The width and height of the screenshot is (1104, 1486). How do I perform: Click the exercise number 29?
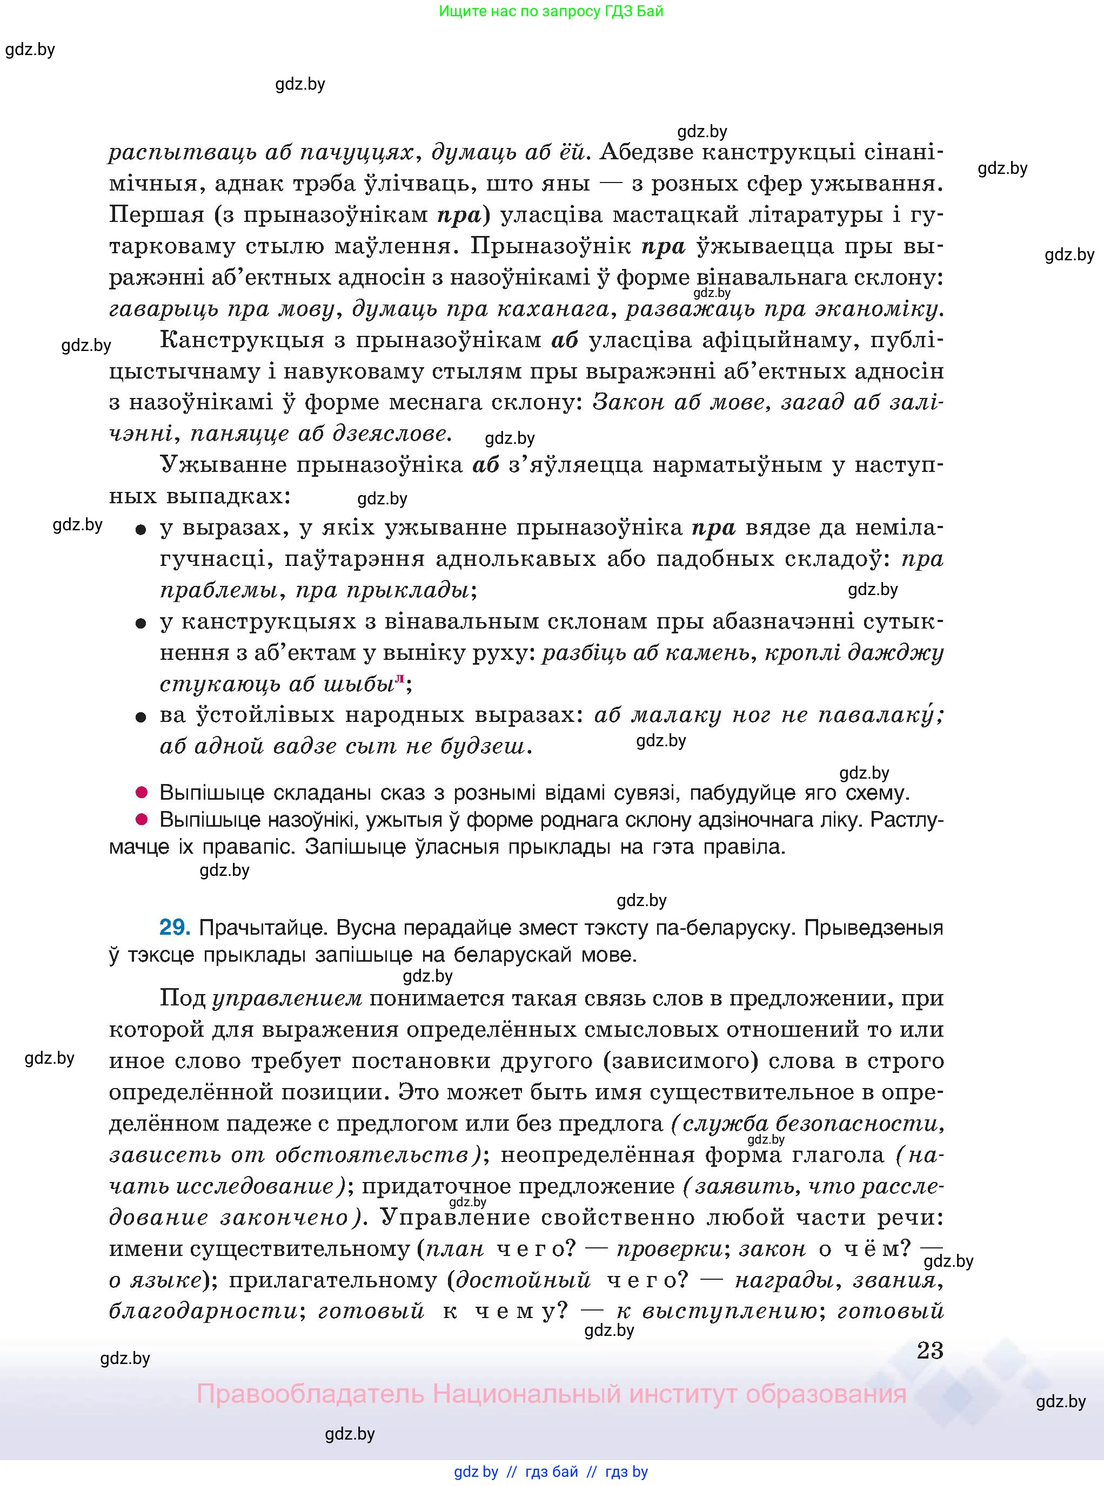(x=175, y=927)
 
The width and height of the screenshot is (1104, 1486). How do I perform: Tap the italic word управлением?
(x=287, y=998)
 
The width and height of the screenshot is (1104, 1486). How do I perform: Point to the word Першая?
(x=156, y=215)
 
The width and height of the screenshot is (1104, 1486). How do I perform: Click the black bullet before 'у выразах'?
(x=141, y=530)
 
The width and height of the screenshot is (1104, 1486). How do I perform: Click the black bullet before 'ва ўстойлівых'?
(x=141, y=717)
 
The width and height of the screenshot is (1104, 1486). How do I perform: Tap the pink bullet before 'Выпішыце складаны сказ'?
(x=141, y=793)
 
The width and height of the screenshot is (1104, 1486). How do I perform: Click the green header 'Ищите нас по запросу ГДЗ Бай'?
(x=551, y=11)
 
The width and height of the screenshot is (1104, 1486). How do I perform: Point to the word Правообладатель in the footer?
(x=310, y=1394)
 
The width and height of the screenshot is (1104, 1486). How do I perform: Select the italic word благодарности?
(x=203, y=1311)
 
